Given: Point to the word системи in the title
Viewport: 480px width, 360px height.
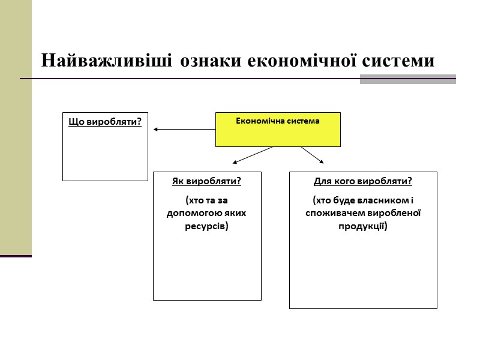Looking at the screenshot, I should (x=401, y=61).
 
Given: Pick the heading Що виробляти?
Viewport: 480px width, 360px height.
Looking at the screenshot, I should (x=105, y=122).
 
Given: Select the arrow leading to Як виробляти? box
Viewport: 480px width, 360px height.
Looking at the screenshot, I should (x=252, y=155).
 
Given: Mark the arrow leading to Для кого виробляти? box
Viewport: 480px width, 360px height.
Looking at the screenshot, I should (x=312, y=154).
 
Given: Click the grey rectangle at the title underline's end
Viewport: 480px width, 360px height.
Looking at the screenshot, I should (x=407, y=79).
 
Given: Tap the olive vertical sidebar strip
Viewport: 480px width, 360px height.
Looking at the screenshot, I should (x=16, y=126).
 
